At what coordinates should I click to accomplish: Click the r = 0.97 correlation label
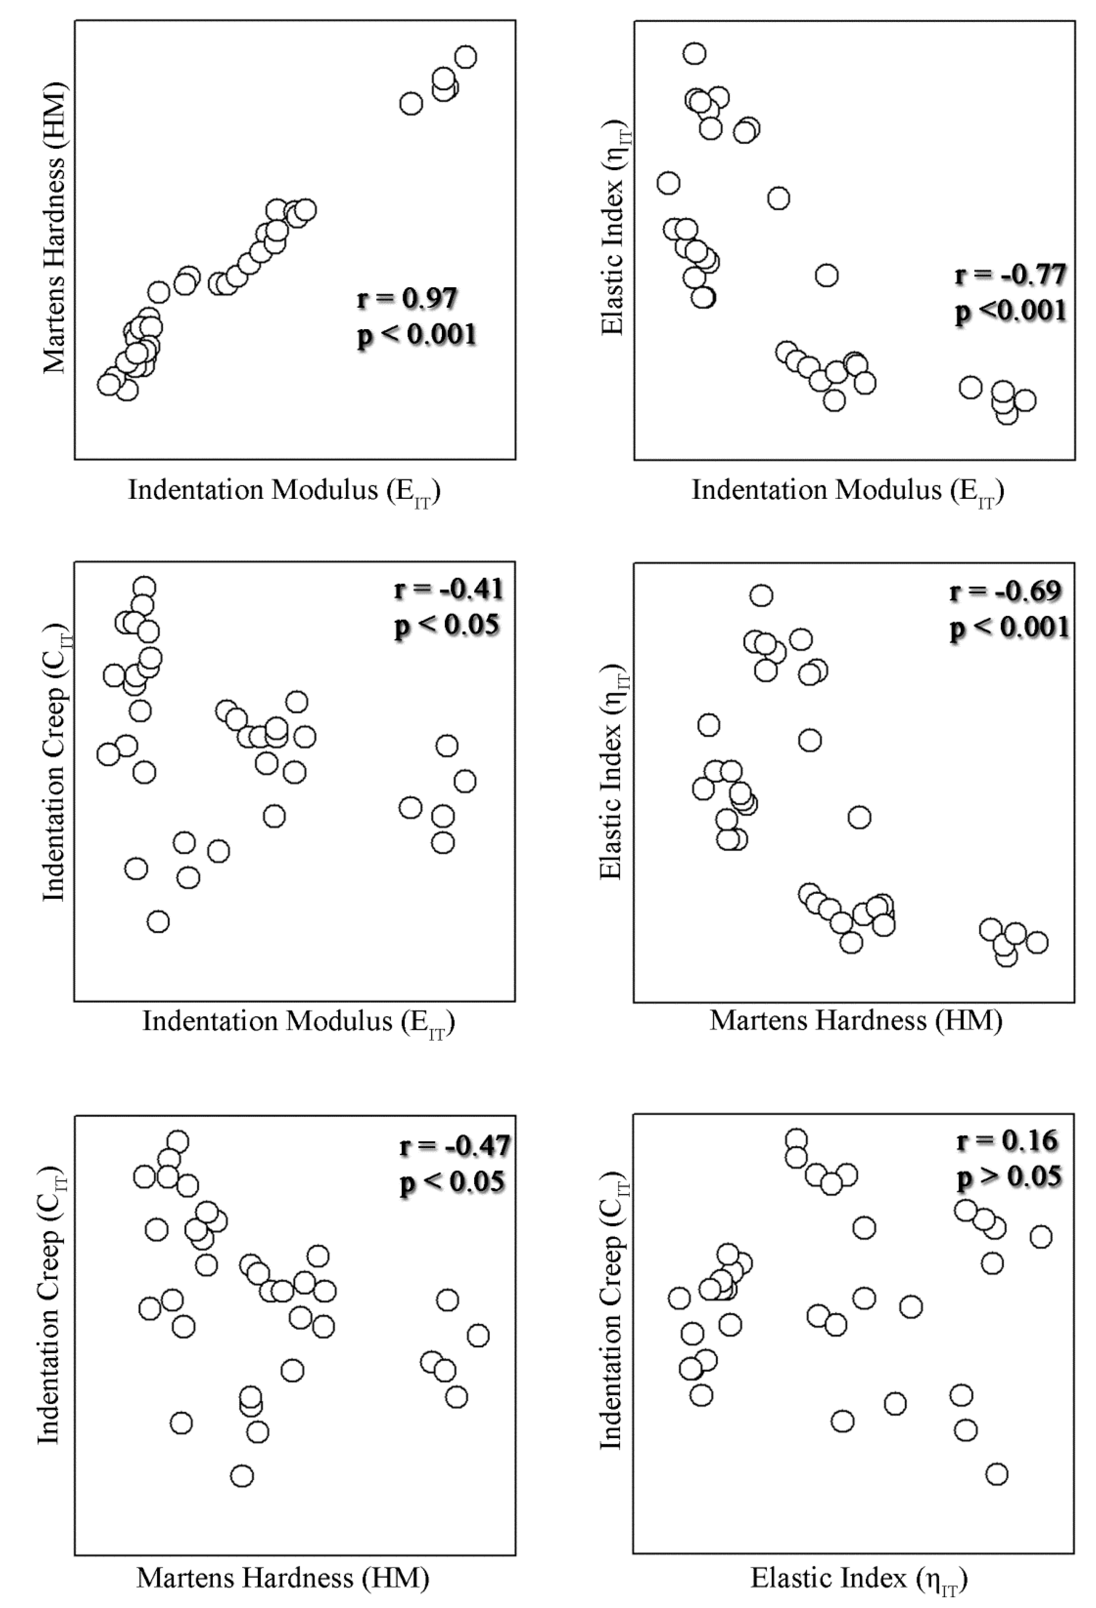click(x=407, y=299)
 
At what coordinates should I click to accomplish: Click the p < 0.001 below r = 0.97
click(x=416, y=336)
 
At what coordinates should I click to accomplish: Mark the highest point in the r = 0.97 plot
click(x=466, y=57)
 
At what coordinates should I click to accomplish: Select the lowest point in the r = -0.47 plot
click(x=241, y=1476)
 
